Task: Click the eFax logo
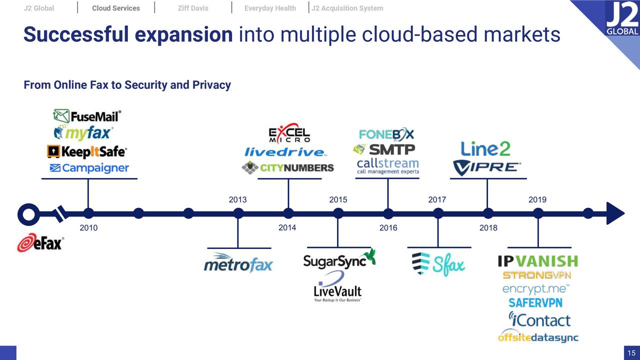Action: (x=40, y=243)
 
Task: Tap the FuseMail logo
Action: (x=87, y=116)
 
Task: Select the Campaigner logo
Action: (x=89, y=168)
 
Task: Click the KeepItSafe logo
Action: (x=87, y=151)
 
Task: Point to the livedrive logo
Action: (x=285, y=151)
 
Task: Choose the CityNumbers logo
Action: (x=287, y=167)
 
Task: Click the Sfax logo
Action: (x=438, y=263)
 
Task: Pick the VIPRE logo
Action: (x=487, y=167)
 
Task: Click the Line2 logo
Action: (x=485, y=148)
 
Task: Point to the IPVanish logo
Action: (x=537, y=261)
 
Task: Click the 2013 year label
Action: (x=237, y=199)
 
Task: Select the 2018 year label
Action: (x=488, y=228)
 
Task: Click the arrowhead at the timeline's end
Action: (x=615, y=213)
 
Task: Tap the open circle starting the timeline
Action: (x=28, y=214)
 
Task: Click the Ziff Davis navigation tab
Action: (x=193, y=8)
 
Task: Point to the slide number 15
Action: (x=631, y=353)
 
